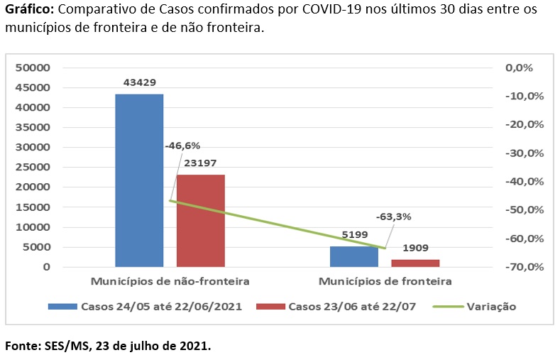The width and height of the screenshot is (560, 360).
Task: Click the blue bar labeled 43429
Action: (139, 180)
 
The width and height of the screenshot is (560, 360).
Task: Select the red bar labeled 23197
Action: (201, 220)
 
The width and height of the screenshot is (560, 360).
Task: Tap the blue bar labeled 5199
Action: (354, 256)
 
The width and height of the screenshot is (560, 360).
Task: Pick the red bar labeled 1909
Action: (415, 263)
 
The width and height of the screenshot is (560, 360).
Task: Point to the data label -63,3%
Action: (394, 217)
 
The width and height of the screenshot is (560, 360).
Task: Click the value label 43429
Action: (139, 83)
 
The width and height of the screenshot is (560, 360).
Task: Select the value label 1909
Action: (416, 249)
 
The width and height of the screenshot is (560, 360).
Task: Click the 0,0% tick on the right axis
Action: (518, 68)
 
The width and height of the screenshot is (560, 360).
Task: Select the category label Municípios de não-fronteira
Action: (170, 281)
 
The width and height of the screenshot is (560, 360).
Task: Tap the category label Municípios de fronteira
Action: (385, 281)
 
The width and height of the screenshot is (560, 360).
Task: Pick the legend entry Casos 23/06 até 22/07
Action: (348, 307)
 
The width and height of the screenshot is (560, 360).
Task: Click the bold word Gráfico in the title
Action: (30, 12)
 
